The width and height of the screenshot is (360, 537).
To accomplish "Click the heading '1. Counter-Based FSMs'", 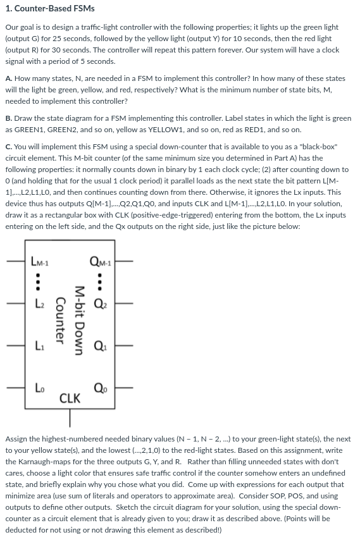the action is coord(50,8).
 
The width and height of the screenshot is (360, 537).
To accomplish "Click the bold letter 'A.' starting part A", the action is coord(9,78).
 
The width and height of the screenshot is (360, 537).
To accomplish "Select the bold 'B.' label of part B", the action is coord(9,118).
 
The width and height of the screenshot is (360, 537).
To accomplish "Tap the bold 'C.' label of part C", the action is coord(9,147).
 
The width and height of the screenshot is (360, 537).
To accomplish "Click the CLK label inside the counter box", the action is coord(70,398).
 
